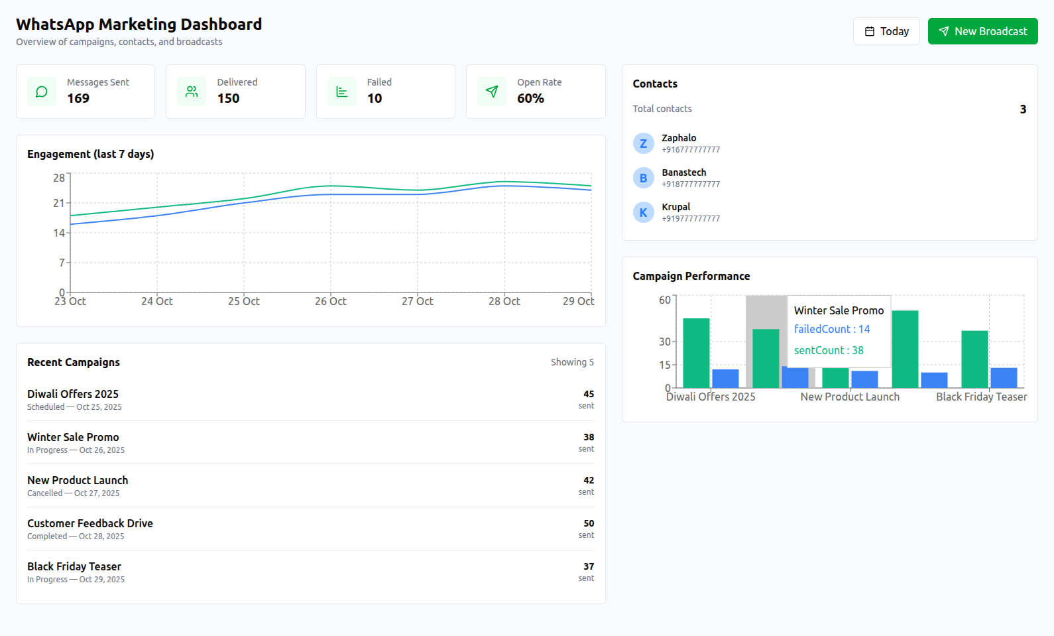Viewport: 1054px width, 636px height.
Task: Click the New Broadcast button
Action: point(982,31)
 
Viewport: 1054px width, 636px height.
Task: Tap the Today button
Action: point(886,31)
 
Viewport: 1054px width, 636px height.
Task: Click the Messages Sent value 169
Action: point(78,98)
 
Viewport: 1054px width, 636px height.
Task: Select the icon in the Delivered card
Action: point(192,92)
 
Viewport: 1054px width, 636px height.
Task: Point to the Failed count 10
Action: point(375,98)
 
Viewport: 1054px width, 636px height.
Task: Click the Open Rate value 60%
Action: point(530,98)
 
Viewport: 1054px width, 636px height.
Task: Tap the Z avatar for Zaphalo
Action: point(643,143)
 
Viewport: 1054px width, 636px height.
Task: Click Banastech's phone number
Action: point(691,184)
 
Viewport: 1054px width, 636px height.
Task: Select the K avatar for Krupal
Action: point(643,212)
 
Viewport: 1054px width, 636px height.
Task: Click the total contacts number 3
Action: point(1023,109)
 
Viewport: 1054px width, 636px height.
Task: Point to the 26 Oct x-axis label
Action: point(330,301)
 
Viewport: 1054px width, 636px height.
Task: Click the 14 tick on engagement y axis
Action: point(59,233)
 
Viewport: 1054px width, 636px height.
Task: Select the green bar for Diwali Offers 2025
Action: point(696,353)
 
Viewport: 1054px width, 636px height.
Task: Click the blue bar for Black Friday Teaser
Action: point(1004,377)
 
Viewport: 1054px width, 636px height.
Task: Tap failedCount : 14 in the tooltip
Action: point(832,329)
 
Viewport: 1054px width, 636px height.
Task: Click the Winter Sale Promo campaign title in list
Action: point(73,437)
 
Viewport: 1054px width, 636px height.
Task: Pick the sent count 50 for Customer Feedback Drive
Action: point(589,523)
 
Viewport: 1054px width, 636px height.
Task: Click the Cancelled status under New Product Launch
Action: point(44,493)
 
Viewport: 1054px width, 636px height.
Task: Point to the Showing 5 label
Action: point(572,362)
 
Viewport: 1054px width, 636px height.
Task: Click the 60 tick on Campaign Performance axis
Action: point(664,300)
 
